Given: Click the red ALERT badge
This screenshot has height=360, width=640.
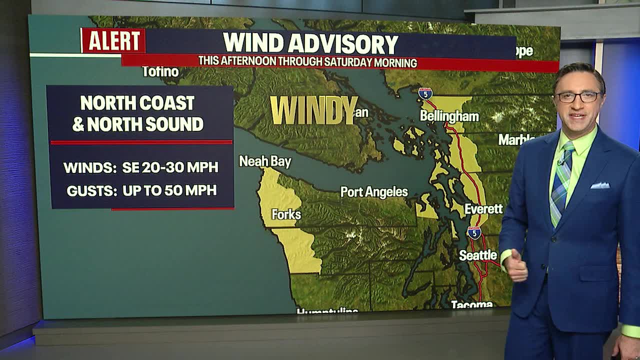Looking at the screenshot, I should (x=113, y=40).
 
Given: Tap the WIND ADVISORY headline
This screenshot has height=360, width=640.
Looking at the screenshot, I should (x=310, y=43).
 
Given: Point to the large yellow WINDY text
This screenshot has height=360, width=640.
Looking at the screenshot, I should (x=314, y=110).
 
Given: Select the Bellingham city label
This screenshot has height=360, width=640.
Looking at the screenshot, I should (x=449, y=116).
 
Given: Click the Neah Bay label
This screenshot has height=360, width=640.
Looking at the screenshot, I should (x=265, y=161).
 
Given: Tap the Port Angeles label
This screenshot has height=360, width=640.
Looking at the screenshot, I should (x=374, y=192).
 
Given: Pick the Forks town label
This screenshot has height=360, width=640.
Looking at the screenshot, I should (x=286, y=214).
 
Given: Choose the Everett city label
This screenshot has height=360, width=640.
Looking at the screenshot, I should (x=483, y=209).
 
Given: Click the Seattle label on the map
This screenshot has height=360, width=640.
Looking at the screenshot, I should (x=478, y=255).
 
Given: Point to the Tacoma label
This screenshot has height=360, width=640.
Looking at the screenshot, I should (x=471, y=304).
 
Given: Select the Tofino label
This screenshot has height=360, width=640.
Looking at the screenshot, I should (x=160, y=72).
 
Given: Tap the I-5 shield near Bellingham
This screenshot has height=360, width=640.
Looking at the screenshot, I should (x=425, y=93).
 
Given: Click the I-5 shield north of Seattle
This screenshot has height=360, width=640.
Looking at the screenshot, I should (x=474, y=232).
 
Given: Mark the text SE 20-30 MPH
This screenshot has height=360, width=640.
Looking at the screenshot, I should (x=170, y=167).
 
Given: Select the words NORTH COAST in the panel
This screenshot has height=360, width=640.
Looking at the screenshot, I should (x=137, y=103).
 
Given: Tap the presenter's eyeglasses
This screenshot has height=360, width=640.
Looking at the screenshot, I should (x=579, y=97).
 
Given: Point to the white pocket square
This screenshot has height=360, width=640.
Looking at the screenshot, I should (x=599, y=185).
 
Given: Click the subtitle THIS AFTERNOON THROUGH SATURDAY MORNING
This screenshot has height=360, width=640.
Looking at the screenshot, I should (x=307, y=62).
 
